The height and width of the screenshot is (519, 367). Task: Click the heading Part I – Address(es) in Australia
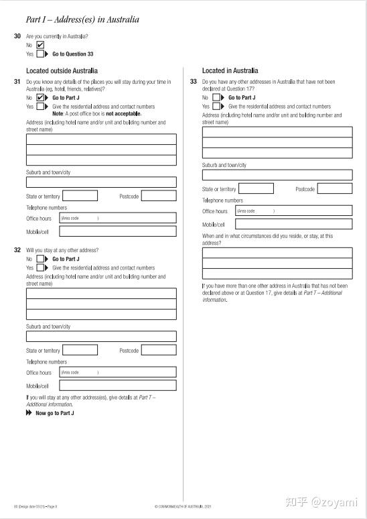click(82, 19)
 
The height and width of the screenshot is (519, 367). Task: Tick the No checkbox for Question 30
click(40, 45)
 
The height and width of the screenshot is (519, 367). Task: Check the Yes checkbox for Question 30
click(40, 54)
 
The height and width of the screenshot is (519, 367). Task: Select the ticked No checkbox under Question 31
click(40, 97)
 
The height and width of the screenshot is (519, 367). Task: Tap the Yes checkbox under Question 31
click(40, 106)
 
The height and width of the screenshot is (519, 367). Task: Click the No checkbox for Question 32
click(40, 259)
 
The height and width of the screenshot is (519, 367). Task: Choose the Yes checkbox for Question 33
click(217, 106)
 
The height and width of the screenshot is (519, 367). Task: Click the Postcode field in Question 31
click(159, 196)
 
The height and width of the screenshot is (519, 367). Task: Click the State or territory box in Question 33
click(256, 188)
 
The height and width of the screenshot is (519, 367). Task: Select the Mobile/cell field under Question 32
click(118, 386)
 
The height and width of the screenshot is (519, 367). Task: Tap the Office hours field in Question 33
click(293, 211)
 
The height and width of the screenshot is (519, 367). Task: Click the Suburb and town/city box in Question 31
click(101, 182)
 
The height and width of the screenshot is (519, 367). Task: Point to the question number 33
click(193, 82)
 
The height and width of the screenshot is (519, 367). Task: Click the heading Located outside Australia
click(62, 70)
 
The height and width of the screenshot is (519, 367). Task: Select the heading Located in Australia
click(230, 70)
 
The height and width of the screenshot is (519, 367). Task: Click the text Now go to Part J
click(54, 413)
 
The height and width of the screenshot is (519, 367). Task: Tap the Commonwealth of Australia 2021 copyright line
click(183, 506)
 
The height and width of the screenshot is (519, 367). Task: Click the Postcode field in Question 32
click(159, 349)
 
